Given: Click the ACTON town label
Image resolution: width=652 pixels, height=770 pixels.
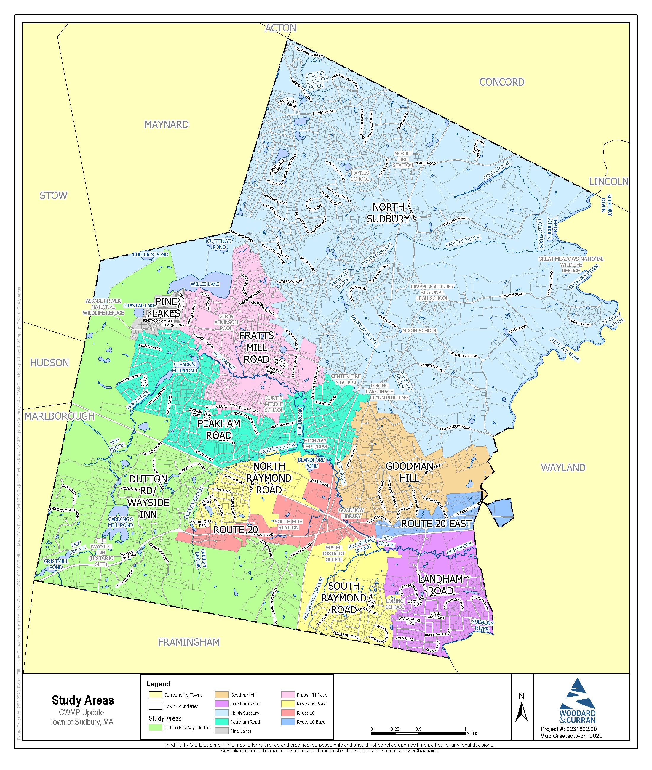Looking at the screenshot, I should click(x=281, y=28).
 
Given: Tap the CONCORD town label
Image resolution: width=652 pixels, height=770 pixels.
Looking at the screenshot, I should click(x=501, y=82).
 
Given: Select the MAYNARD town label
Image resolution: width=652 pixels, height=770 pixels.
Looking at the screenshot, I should click(x=166, y=125).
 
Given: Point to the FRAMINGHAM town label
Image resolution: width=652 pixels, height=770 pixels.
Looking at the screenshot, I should click(x=189, y=642).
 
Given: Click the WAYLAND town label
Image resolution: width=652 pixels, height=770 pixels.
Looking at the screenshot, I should click(x=563, y=468).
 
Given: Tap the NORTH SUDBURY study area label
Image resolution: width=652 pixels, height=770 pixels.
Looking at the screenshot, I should click(x=388, y=213).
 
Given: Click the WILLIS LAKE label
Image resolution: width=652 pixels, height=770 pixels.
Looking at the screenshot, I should click(x=205, y=284).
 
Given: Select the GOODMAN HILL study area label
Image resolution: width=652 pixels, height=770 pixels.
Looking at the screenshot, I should click(x=409, y=472).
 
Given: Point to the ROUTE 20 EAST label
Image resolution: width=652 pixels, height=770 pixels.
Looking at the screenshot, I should click(x=436, y=524).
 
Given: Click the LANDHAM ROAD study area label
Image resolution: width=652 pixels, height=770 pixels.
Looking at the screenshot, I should click(x=441, y=585).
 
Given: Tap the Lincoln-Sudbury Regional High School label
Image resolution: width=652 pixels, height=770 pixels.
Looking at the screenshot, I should click(x=432, y=292).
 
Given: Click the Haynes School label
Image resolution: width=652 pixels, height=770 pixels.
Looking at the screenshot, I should click(x=359, y=176).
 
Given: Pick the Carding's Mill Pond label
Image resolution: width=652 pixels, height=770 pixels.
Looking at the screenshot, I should click(x=121, y=522).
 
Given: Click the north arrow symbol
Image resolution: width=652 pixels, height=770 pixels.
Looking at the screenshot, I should click(x=522, y=712).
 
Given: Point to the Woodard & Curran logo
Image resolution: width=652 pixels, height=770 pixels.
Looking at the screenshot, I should click(x=577, y=701).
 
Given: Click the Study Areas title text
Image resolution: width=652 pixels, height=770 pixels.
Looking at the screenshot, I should click(x=83, y=700).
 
